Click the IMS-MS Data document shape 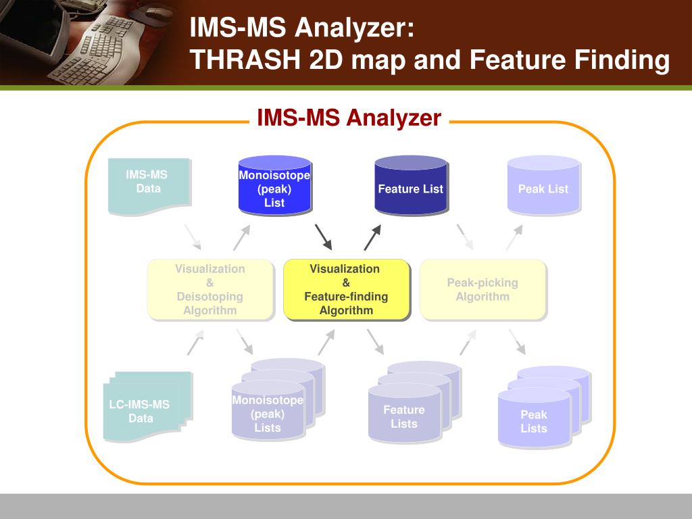pyautogui.click(x=148, y=184)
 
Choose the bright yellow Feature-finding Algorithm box pyautogui.click(x=346, y=289)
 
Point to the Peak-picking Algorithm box pyautogui.click(x=483, y=289)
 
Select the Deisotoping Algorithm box pyautogui.click(x=210, y=289)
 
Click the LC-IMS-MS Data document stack pyautogui.click(x=143, y=409)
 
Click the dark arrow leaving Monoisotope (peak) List pyautogui.click(x=324, y=237)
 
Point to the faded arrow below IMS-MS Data pyautogui.click(x=193, y=237)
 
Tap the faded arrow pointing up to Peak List pyautogui.click(x=514, y=238)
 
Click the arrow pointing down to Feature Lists pyautogui.click(x=375, y=342)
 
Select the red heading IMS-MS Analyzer pyautogui.click(x=349, y=118)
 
